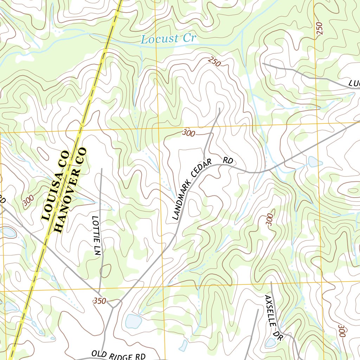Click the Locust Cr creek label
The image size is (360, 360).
[168, 39]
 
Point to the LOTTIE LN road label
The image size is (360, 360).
[97, 236]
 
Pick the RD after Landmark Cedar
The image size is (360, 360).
[228, 161]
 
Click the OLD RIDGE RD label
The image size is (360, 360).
[118, 355]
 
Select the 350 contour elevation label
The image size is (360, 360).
[99, 301]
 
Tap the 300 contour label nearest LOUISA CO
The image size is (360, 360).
[28, 200]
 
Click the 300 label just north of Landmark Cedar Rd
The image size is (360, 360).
[189, 133]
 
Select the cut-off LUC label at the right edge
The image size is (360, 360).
[354, 84]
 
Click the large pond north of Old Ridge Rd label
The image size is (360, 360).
[134, 321]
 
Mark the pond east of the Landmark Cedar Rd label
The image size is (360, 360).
[315, 162]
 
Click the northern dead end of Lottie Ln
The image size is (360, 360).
[102, 169]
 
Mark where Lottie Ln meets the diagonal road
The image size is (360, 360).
[99, 291]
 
